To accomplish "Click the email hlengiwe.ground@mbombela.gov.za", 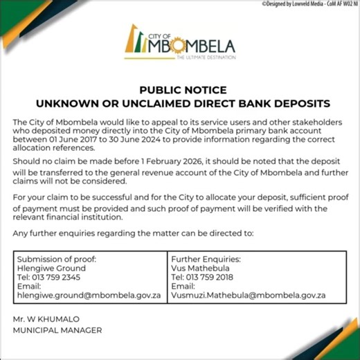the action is click(89, 294).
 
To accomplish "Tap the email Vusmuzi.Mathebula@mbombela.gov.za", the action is click(249, 294).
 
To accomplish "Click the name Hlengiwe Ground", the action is click(51, 268).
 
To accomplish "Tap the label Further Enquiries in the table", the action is click(206, 259).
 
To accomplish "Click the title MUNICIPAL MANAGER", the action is click(57, 330).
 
